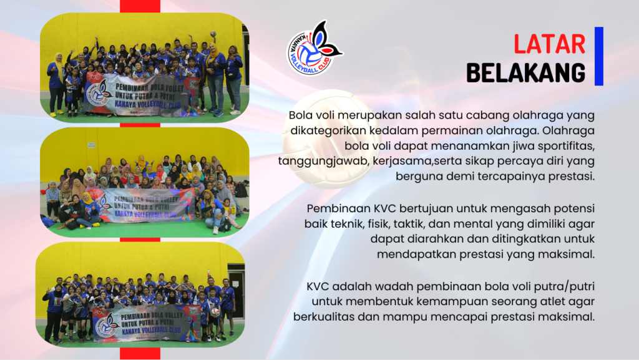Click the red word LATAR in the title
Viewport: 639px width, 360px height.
[x=549, y=44]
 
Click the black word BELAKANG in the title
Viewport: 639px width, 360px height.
[x=525, y=73]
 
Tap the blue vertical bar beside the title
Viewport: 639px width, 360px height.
[x=598, y=56]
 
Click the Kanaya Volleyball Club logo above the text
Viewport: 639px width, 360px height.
[x=315, y=49]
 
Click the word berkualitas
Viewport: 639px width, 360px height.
[x=324, y=317]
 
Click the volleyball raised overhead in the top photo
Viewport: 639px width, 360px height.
[x=213, y=34]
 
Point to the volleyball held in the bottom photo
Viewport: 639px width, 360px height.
[x=215, y=313]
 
